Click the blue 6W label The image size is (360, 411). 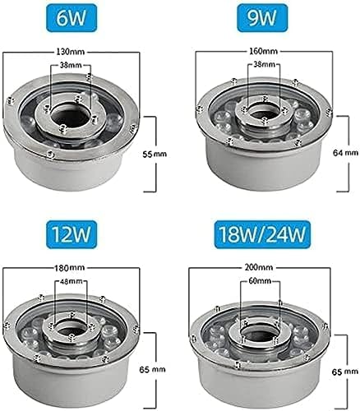tap(72, 18)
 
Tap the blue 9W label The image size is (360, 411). tap(262, 18)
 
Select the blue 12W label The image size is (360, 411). tap(72, 234)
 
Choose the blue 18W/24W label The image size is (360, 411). tap(262, 234)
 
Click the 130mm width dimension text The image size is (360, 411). tap(71, 51)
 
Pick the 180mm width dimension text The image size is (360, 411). tap(71, 268)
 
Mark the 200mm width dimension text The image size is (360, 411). tap(259, 267)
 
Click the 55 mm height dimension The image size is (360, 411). tap(155, 154)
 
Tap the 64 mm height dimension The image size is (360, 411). tap(345, 153)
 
